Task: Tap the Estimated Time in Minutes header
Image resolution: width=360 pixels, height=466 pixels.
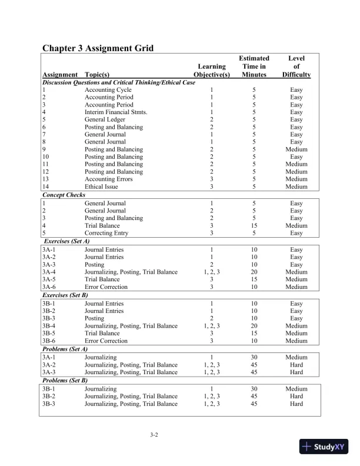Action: (x=254, y=66)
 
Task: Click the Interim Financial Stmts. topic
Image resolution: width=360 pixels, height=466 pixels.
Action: (x=116, y=112)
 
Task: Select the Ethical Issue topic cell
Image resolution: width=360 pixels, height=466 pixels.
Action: (x=101, y=187)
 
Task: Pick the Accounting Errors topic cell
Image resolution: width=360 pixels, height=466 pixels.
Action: (x=109, y=179)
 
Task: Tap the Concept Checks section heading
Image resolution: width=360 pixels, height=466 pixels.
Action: (x=64, y=195)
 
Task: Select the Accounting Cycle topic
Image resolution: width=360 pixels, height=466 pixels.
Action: (x=108, y=89)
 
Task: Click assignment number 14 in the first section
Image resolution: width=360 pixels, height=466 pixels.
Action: (x=46, y=187)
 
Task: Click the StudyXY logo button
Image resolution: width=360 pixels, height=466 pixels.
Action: (x=325, y=447)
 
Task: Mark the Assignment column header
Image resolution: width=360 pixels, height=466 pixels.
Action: (x=60, y=75)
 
